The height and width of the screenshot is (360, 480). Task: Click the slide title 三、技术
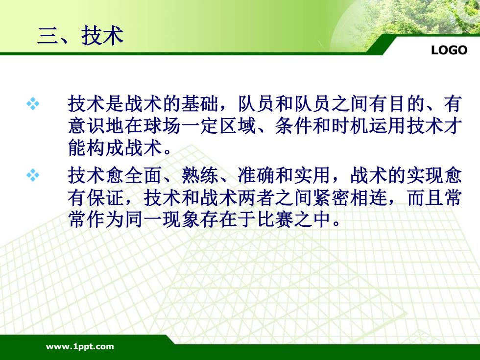click(80, 36)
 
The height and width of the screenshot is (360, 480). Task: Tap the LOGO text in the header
click(449, 50)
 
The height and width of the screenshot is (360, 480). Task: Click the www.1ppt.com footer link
click(80, 347)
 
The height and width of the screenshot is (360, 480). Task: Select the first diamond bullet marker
click(33, 103)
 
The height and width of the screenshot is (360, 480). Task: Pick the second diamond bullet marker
click(33, 175)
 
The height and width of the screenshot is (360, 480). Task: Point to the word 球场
click(162, 126)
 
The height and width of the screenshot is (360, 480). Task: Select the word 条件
click(293, 126)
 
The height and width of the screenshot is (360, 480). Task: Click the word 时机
click(350, 126)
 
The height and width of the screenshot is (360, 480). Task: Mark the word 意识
click(87, 126)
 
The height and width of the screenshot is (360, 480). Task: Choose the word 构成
click(106, 148)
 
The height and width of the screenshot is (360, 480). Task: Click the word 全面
click(143, 175)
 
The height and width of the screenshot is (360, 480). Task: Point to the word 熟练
click(200, 175)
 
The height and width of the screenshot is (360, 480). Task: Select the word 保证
click(106, 198)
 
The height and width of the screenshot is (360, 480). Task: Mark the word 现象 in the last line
click(181, 220)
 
